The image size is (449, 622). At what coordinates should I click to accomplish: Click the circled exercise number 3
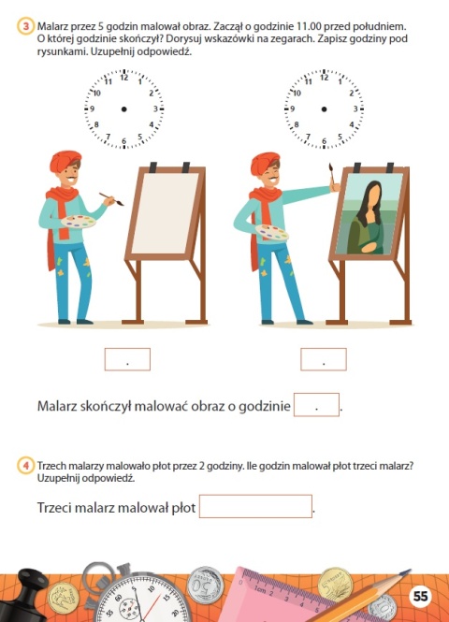coord(27,27)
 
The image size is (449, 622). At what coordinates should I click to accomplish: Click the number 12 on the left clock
coord(123,80)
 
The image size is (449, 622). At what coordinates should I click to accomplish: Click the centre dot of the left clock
coord(124,110)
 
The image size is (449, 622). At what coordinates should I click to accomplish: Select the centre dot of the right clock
coord(324,110)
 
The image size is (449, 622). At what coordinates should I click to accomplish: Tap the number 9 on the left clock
coord(93,109)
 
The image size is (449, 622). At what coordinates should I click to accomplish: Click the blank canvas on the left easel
coord(166,217)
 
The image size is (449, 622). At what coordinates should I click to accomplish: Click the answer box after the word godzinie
coord(316,406)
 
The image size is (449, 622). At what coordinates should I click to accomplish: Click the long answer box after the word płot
coord(254,507)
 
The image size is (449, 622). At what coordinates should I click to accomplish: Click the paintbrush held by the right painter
coord(329,175)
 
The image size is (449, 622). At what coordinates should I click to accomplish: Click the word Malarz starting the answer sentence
coord(59,407)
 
